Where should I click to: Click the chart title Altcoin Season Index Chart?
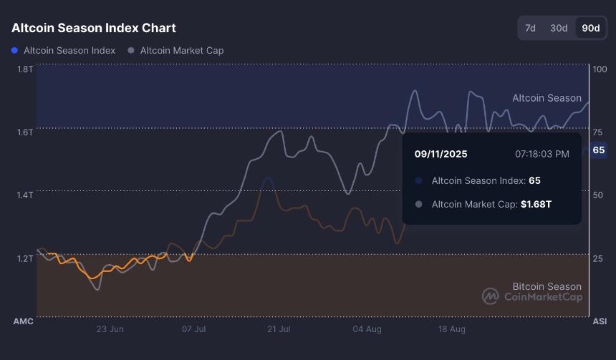[x=94, y=28]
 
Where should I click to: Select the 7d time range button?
[x=530, y=28]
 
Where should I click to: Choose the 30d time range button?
[x=559, y=28]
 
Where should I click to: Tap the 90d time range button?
[x=591, y=28]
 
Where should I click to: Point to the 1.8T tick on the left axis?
[x=24, y=69]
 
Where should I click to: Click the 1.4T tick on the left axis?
[x=24, y=195]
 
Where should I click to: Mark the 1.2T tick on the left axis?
[x=24, y=258]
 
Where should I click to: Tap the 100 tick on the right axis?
[x=600, y=69]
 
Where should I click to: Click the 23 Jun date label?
[x=110, y=329]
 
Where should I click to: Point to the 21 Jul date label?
[x=279, y=329]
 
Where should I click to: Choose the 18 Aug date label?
[x=452, y=329]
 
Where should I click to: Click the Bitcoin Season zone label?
[x=547, y=286]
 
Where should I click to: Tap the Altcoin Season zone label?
[x=547, y=98]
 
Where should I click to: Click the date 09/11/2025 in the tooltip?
[x=441, y=153]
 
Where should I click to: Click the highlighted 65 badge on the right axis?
[x=599, y=150]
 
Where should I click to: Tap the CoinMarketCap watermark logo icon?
[x=490, y=296]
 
